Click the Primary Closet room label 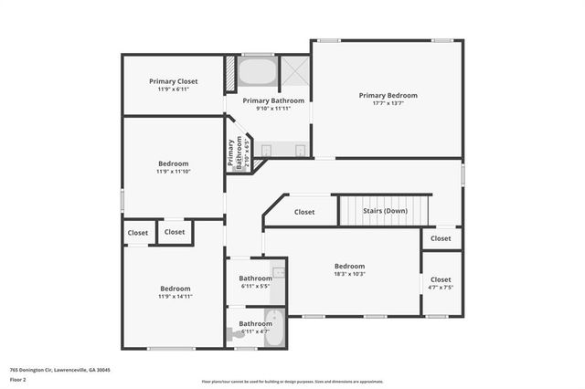pyautogui.click(x=173, y=81)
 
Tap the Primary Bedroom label pyautogui.click(x=388, y=95)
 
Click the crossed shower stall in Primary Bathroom pyautogui.click(x=294, y=71)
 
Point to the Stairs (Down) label pyautogui.click(x=385, y=211)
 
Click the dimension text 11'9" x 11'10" pyautogui.click(x=173, y=171)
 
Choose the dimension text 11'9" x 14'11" pyautogui.click(x=175, y=296)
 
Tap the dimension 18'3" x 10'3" pyautogui.click(x=349, y=274)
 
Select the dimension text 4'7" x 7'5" pyautogui.click(x=441, y=287)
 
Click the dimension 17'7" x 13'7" pyautogui.click(x=388, y=103)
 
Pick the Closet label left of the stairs pyautogui.click(x=304, y=212)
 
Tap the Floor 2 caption pyautogui.click(x=17, y=379)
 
